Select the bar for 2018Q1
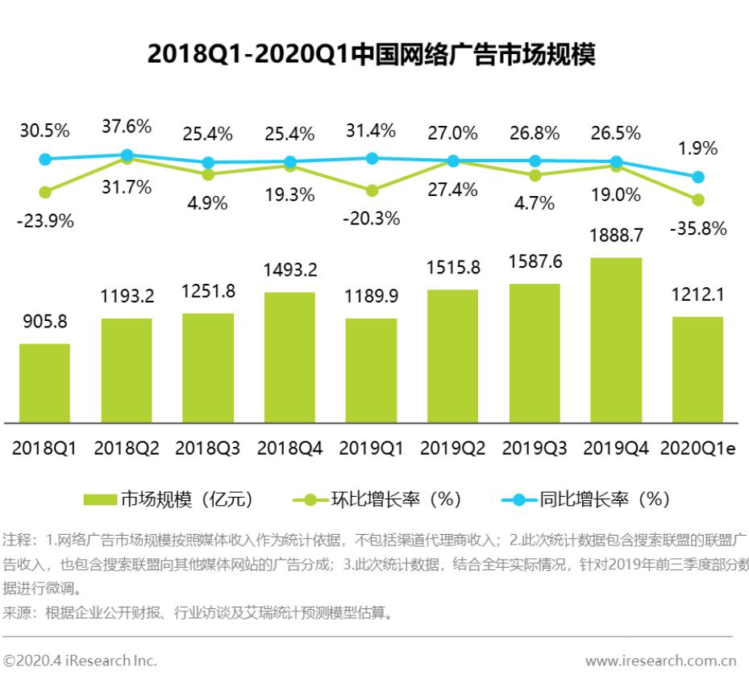(x=45, y=382)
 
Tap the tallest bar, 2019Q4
(x=616, y=340)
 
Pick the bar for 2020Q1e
(x=697, y=369)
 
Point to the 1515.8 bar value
(x=452, y=268)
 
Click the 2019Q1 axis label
(x=371, y=449)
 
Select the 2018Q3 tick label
(x=208, y=449)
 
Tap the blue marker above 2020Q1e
(x=698, y=177)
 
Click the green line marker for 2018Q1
(x=45, y=192)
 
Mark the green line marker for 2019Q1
(x=371, y=190)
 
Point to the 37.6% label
(x=127, y=127)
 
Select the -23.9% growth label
(x=45, y=222)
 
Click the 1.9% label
(x=698, y=148)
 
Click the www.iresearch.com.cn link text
(x=660, y=661)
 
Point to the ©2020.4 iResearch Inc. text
(x=80, y=661)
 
